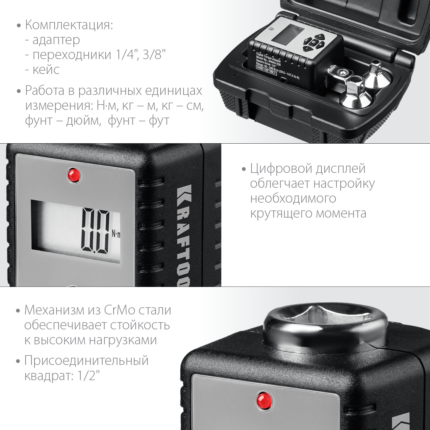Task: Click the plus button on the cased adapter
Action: pyautogui.click(x=320, y=37)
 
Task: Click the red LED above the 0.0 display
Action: pyautogui.click(x=73, y=175)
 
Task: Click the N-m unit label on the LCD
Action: pyautogui.click(x=116, y=234)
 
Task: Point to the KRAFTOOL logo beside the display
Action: pyautogui.click(x=183, y=235)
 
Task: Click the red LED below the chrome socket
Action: pyautogui.click(x=264, y=400)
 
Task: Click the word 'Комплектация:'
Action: pyautogui.click(x=69, y=25)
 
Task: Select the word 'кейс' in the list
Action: pyautogui.click(x=46, y=70)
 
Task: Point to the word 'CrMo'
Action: pyautogui.click(x=120, y=310)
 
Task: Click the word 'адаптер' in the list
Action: pyautogui.click(x=56, y=40)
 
